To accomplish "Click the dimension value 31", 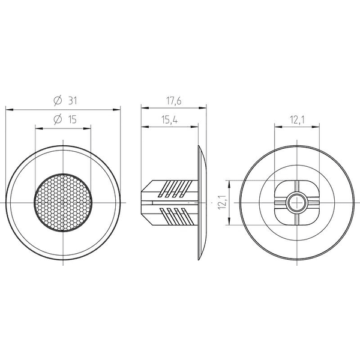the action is [73, 101].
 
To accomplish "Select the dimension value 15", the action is [73, 119].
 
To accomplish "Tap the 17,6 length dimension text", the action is [174, 101].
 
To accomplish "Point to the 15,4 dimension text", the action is [170, 120].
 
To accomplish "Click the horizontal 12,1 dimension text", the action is [298, 119].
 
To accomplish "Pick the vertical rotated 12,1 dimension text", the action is [222, 202].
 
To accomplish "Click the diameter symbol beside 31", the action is [58, 101].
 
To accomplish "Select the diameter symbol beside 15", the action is [58, 119].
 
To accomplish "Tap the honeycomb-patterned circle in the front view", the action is [63, 203].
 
